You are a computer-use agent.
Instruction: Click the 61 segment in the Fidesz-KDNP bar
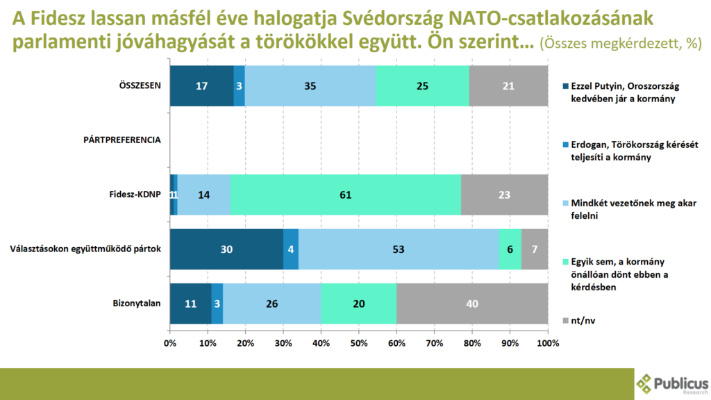(345, 195)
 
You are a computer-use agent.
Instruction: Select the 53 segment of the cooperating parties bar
(399, 249)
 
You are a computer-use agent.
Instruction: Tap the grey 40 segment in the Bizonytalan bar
(472, 303)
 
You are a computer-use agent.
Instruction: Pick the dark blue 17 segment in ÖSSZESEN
(201, 86)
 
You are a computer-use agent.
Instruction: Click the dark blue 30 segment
(226, 249)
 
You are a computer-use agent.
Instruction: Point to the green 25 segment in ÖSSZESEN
(422, 86)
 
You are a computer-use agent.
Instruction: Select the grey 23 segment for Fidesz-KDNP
(504, 195)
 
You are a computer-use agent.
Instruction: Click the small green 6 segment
(510, 249)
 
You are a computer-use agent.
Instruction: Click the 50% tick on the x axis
(359, 343)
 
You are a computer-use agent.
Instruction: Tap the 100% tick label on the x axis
(547, 343)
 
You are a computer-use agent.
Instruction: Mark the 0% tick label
(170, 343)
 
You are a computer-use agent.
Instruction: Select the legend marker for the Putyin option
(564, 87)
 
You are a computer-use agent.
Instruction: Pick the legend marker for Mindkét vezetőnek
(564, 204)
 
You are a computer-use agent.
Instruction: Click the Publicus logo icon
(645, 383)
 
